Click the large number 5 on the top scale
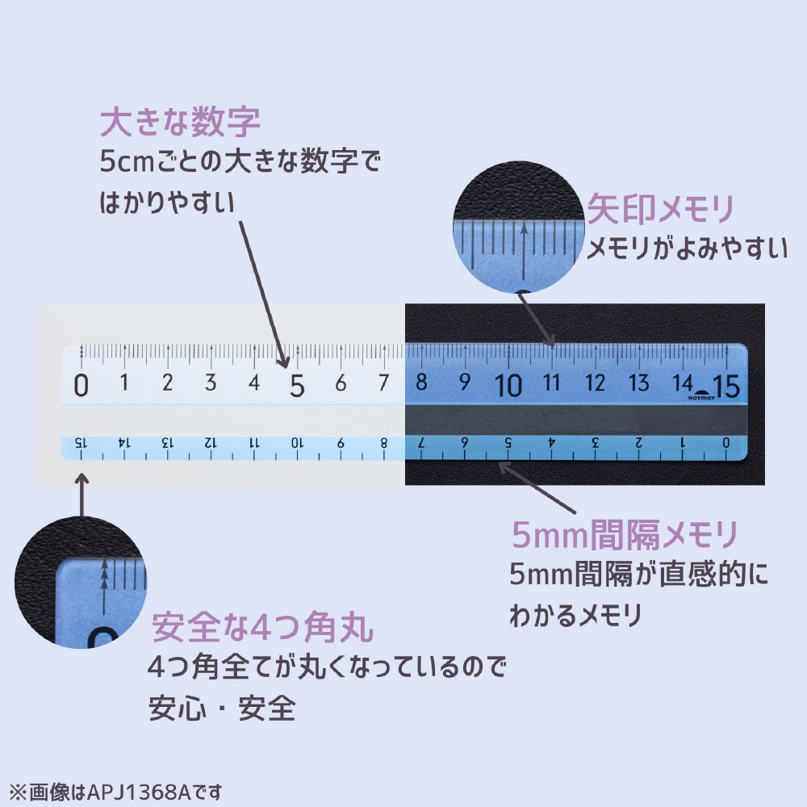[x=297, y=387]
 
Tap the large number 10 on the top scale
[x=509, y=386]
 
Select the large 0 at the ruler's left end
[x=81, y=387]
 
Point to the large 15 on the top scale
[x=726, y=387]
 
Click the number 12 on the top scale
[x=596, y=383]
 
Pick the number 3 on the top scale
[x=211, y=383]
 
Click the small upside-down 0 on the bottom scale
[x=725, y=442]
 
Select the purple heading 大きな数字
[x=180, y=123]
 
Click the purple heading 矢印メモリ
[x=660, y=209]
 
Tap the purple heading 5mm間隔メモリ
[x=625, y=534]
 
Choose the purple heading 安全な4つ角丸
[x=262, y=626]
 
